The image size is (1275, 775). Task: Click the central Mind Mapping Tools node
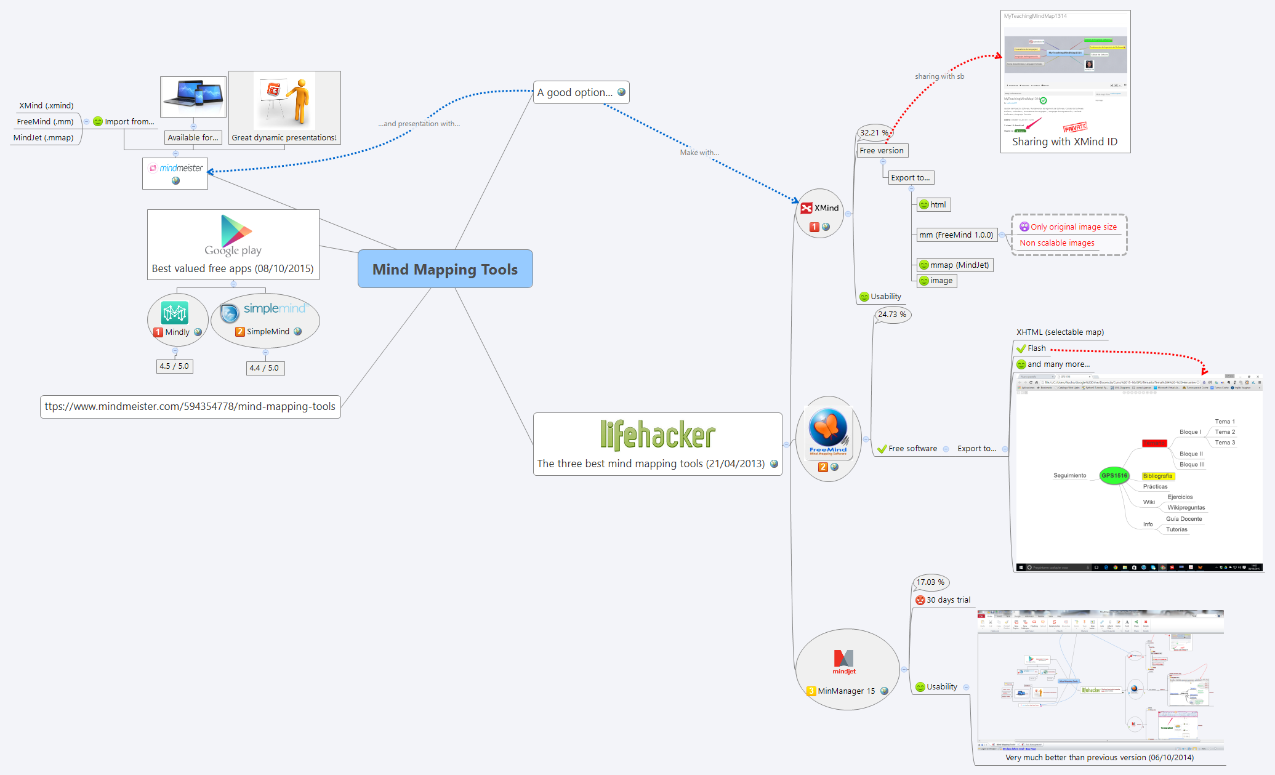point(444,269)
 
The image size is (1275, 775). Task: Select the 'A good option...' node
point(575,92)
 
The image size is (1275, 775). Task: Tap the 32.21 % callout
point(874,132)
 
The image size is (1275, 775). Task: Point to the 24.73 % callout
point(891,315)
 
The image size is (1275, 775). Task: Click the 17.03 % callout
point(930,582)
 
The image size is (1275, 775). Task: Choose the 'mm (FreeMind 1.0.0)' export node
point(955,235)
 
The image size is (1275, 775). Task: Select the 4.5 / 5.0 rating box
point(174,366)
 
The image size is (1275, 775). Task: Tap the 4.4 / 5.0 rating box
point(264,368)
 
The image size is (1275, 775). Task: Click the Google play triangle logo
point(236,231)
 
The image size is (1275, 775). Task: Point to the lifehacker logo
point(658,435)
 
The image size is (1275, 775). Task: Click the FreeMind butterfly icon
point(828,427)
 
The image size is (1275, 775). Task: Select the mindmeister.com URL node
point(190,407)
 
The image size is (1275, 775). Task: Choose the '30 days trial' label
point(948,600)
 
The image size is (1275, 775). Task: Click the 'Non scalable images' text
point(1057,243)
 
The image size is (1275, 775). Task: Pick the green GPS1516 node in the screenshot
point(1114,476)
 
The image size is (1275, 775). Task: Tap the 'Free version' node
point(882,151)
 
